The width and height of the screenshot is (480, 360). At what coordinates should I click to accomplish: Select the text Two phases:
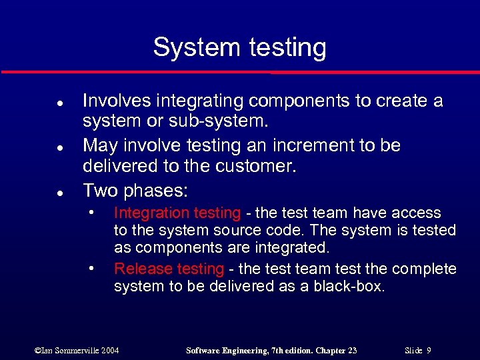tap(136, 191)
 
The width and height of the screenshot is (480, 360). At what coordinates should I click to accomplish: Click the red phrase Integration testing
tap(177, 213)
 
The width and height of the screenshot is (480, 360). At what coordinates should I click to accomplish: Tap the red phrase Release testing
tap(169, 269)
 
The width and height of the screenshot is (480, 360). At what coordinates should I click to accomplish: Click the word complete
tap(424, 269)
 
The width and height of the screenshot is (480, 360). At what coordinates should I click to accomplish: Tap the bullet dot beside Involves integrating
tap(41, 102)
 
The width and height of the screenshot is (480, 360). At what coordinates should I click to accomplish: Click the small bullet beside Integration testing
tap(91, 213)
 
